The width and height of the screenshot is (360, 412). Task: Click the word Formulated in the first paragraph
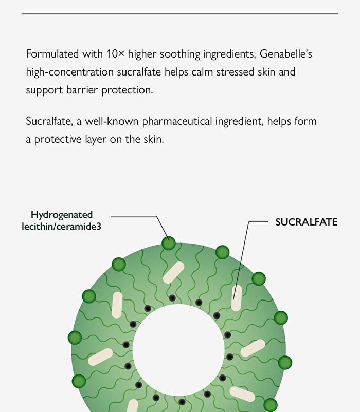coord(52,54)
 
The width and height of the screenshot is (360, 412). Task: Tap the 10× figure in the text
coord(115,54)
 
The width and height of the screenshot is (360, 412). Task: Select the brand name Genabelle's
coord(286,54)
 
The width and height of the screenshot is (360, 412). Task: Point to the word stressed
coord(236,72)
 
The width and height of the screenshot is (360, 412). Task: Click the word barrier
coord(82,90)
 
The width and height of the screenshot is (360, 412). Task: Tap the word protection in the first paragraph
coord(127,90)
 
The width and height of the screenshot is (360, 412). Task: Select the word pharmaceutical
coord(177,121)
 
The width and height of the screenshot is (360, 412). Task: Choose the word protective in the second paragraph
coord(58,140)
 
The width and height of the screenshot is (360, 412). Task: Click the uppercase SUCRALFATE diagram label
coord(307,222)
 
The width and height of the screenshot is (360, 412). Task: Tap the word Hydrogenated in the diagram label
coord(62,215)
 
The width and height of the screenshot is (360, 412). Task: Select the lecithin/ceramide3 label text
coord(62,227)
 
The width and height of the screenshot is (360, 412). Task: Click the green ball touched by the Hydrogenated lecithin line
coord(169,243)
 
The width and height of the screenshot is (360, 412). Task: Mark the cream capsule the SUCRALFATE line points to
coord(237,298)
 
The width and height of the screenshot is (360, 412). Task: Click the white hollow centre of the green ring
coord(178,350)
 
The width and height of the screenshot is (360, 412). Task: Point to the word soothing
coord(180,54)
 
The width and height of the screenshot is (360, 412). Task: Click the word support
coord(44,90)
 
